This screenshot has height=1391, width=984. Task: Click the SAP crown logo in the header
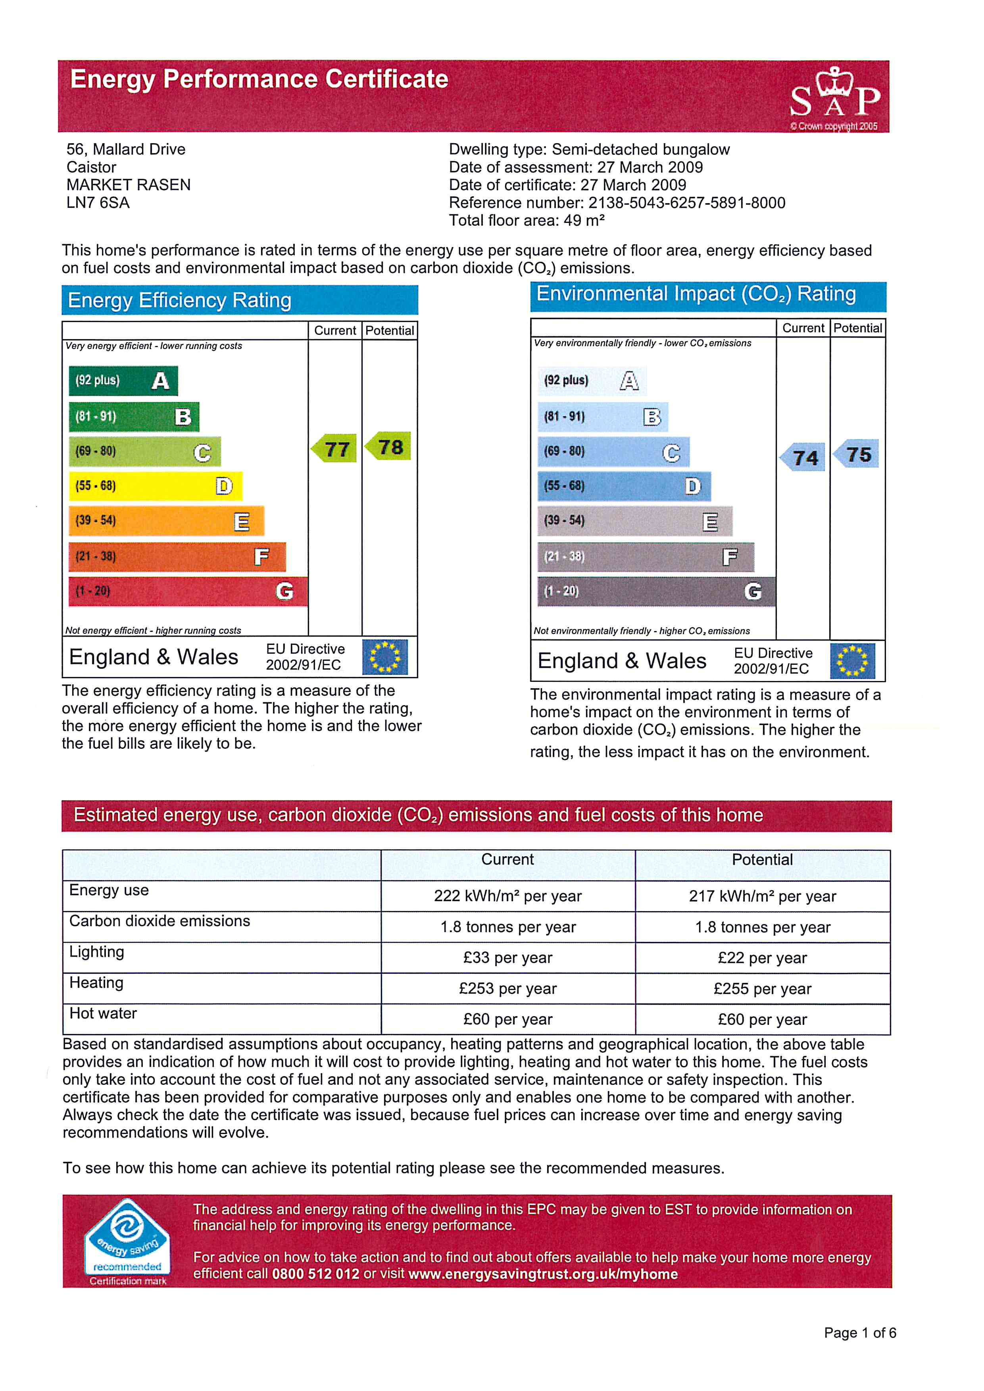834,98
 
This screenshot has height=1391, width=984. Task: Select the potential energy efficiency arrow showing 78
389,447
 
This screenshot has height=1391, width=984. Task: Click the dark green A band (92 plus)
123,380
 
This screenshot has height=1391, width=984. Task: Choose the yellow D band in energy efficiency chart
155,486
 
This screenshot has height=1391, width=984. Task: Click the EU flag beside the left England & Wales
385,657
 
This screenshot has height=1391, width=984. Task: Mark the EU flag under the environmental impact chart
853,661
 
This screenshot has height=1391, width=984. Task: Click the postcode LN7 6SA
98,203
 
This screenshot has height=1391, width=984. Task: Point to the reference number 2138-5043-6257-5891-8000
686,203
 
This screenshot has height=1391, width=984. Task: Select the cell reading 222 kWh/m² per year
508,896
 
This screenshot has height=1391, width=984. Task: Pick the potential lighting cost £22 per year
762,958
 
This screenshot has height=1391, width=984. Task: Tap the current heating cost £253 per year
508,989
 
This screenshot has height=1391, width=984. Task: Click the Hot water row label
103,1013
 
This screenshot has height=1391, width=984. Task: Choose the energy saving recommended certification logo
127,1241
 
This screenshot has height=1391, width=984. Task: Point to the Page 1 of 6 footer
860,1333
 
